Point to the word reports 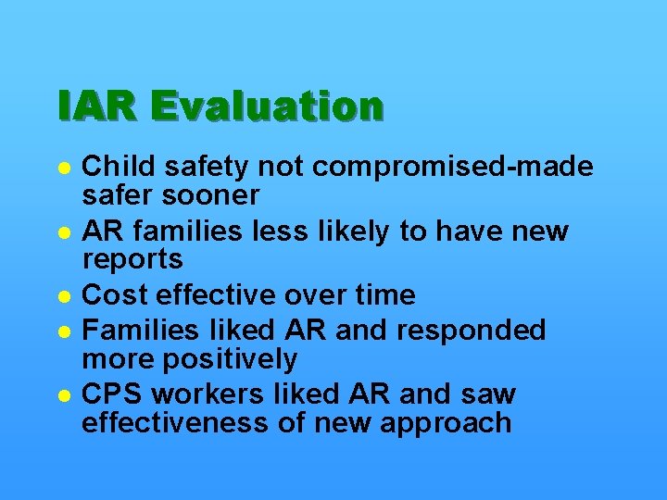pyautogui.click(x=132, y=260)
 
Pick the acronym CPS pyautogui.click(x=113, y=394)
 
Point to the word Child pyautogui.click(x=113, y=167)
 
